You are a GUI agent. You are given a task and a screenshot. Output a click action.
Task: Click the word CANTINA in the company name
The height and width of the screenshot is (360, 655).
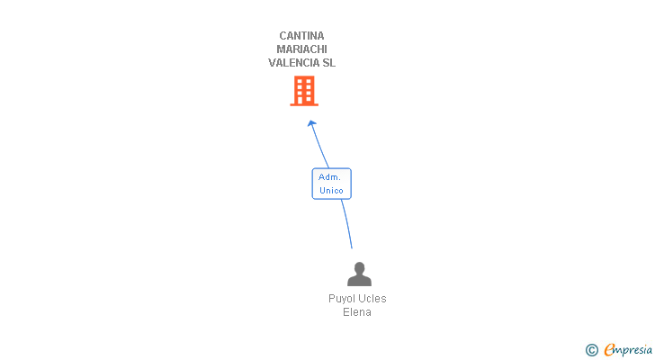point(301,36)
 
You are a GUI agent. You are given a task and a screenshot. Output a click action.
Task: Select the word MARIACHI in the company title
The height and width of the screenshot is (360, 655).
point(301,49)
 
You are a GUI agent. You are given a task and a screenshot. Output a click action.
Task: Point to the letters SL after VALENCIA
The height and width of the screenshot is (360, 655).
point(328,63)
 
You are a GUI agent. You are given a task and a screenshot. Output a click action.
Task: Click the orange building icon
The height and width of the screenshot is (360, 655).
point(304,89)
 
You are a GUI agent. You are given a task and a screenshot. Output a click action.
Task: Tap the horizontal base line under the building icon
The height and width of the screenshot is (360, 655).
point(304,104)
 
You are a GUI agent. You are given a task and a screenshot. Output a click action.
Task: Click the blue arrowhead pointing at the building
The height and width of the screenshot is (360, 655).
point(311,124)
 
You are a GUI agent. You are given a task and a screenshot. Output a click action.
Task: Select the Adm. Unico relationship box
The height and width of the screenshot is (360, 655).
point(331,184)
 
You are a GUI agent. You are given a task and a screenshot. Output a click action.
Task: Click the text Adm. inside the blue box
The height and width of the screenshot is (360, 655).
point(329,177)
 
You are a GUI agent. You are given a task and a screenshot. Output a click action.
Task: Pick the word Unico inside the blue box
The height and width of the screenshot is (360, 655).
point(331,191)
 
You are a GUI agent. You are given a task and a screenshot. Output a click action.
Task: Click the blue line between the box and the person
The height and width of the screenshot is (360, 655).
point(346,223)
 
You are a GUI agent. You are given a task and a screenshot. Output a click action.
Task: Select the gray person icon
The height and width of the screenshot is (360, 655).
point(359,274)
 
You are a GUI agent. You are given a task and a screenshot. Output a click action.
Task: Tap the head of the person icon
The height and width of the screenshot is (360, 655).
point(359,267)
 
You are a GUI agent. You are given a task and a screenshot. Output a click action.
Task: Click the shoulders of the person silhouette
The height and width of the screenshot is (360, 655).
point(359,281)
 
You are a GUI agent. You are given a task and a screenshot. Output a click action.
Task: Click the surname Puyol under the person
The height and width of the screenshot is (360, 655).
point(343,299)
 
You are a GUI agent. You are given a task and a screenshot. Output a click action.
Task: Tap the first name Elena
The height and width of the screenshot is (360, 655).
point(357,312)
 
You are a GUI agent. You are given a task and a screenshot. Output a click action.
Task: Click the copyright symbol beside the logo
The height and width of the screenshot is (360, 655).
point(591,350)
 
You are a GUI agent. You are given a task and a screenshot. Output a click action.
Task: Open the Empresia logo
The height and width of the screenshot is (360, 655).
point(628,349)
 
